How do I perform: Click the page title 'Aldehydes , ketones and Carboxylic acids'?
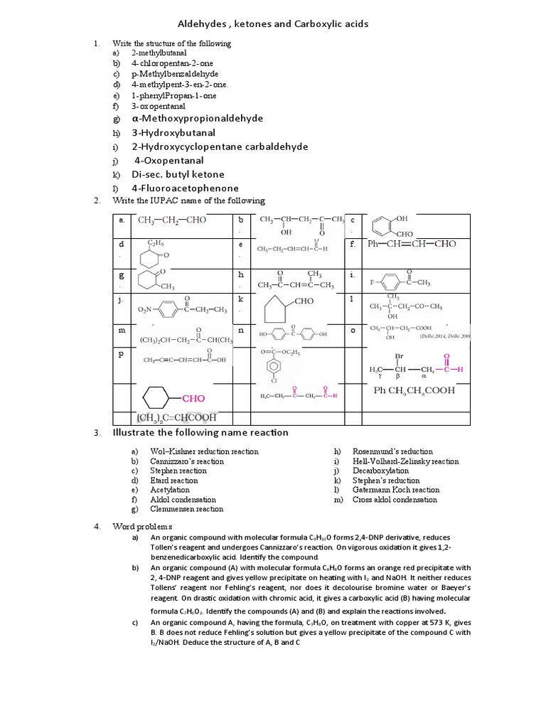click(x=273, y=24)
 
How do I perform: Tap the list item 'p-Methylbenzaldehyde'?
click(x=175, y=74)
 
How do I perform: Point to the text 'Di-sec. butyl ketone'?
click(x=178, y=174)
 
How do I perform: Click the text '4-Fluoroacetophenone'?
click(x=185, y=188)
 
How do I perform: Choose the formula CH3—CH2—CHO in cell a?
click(x=172, y=220)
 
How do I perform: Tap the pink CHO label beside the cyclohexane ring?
click(x=194, y=399)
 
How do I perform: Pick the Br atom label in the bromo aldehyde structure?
click(x=399, y=356)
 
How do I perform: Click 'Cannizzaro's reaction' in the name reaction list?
click(x=187, y=461)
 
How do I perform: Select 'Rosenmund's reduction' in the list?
click(x=392, y=451)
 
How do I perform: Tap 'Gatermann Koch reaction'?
click(x=396, y=490)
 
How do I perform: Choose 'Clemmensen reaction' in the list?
click(x=186, y=509)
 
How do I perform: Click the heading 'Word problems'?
click(x=142, y=526)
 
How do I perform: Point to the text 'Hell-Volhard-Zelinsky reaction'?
click(x=406, y=461)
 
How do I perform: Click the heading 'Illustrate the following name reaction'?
click(x=200, y=433)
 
